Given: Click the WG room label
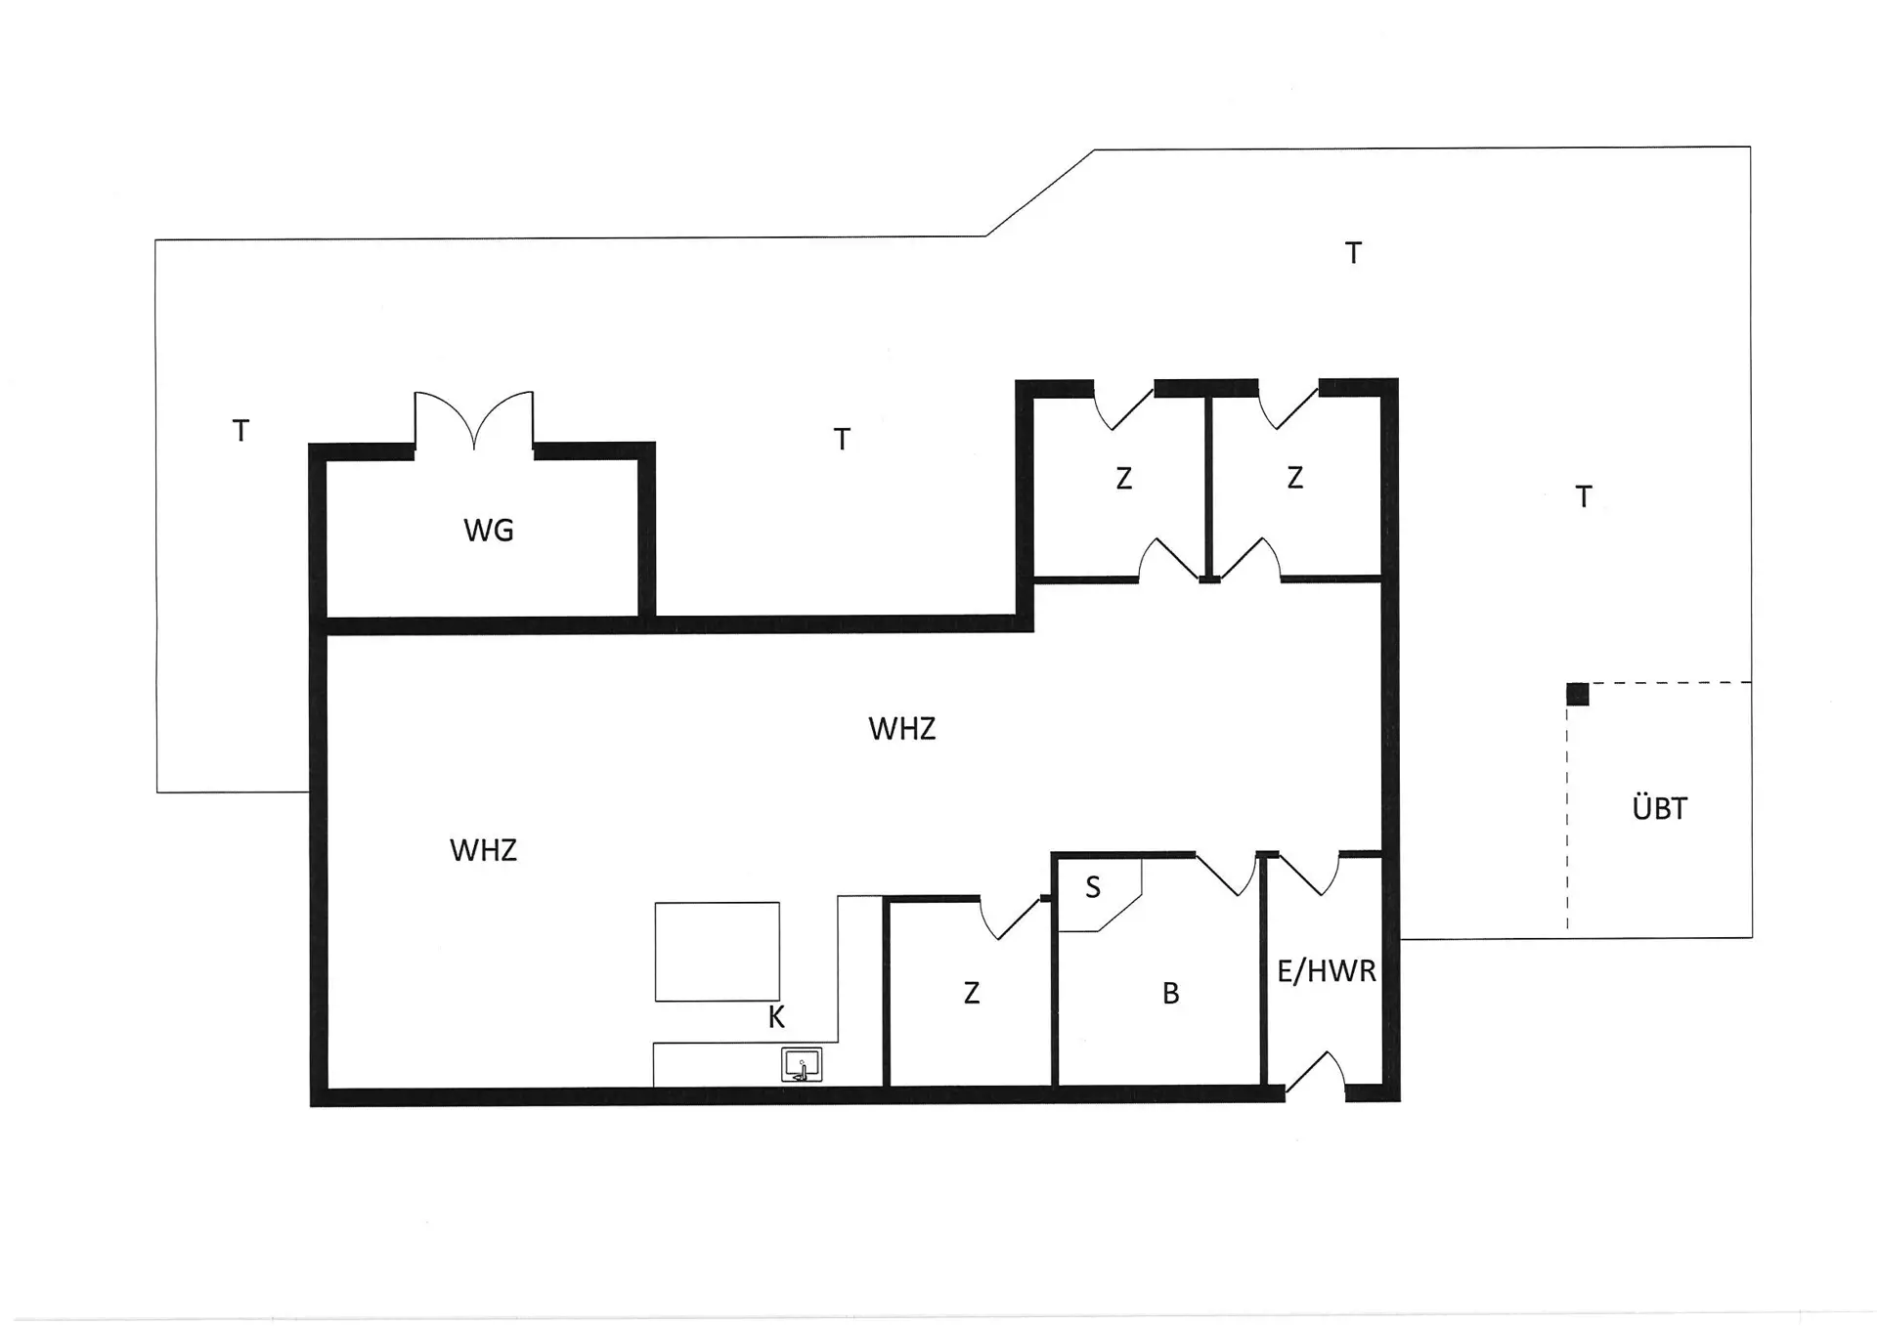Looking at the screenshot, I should coord(488,531).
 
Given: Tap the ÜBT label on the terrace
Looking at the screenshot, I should coord(1659,808).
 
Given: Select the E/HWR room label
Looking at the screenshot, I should coord(1326,970).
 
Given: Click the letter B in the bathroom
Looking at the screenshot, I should coord(1170,994).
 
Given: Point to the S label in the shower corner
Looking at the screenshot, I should coord(1093,887).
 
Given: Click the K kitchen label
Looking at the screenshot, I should coord(776,1018).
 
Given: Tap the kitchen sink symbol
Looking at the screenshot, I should coord(802,1065).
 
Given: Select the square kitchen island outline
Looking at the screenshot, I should coord(717,951).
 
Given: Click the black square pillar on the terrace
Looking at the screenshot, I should coord(1577,694).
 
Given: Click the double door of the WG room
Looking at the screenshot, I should coord(474,420).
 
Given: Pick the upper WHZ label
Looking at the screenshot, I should coord(901,729).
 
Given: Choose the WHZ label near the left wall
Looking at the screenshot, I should coord(483,850).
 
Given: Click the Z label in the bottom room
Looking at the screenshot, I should coord(971,994).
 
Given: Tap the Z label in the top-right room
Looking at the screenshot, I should coord(1294,478).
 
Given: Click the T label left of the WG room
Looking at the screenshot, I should coord(240,431).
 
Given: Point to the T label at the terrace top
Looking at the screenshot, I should coord(1353,254).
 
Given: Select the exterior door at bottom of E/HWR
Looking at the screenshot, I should coord(1316,1073).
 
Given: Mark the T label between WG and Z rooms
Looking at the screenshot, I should coord(841,440).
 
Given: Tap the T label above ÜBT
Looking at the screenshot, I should coord(1584,497).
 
